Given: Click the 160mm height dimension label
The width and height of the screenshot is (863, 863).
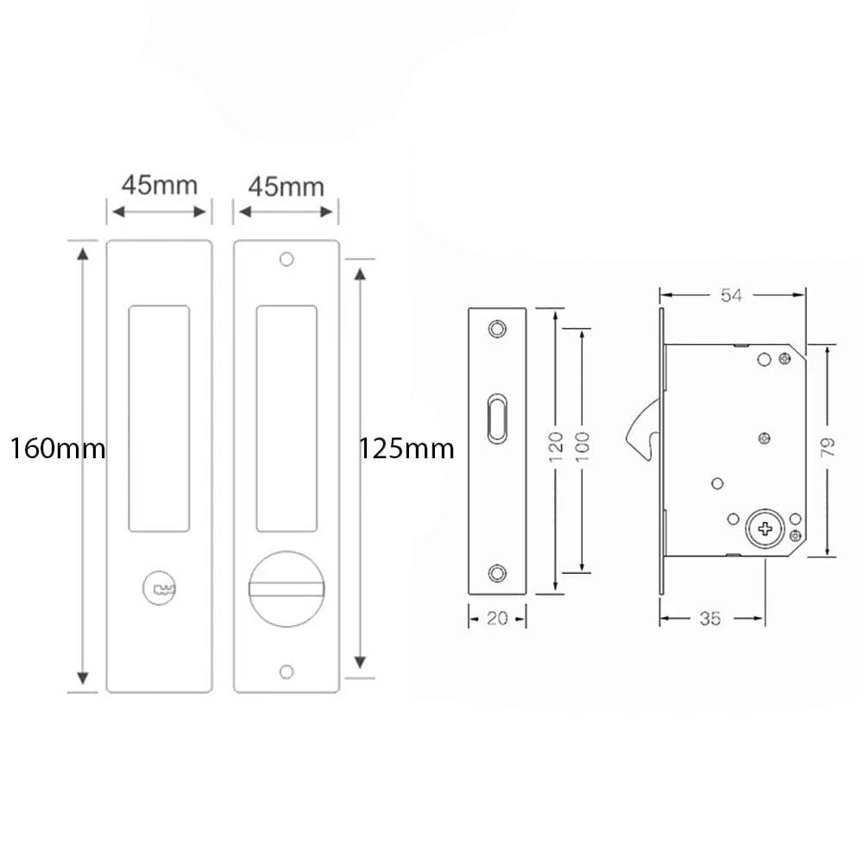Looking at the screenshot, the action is (x=58, y=449).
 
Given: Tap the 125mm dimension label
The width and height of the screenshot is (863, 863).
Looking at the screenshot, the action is (x=406, y=449).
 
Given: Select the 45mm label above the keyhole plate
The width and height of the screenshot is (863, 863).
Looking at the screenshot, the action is (x=160, y=185).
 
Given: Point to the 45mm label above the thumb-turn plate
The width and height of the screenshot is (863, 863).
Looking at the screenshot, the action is (x=287, y=187).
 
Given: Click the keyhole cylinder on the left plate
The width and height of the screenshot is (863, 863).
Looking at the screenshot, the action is (x=160, y=589).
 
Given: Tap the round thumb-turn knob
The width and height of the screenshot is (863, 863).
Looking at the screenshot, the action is (x=287, y=589).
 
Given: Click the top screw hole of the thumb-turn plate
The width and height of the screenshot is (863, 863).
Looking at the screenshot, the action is (x=287, y=259).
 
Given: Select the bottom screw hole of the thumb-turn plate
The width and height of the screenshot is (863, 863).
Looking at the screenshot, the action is (x=287, y=671).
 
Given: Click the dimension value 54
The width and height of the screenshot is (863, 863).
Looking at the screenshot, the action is (x=732, y=295).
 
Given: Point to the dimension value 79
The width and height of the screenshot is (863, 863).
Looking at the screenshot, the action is (x=828, y=447).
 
